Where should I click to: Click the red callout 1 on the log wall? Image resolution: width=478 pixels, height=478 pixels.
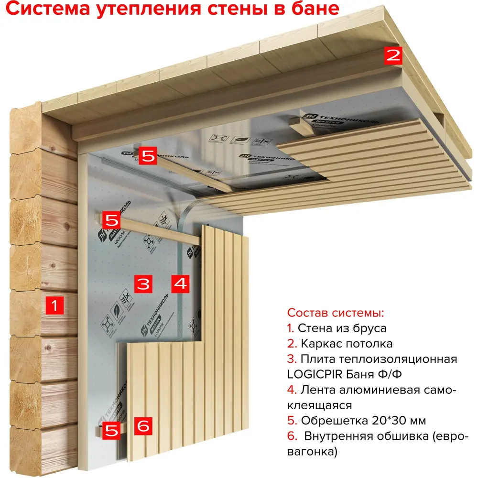[54, 304]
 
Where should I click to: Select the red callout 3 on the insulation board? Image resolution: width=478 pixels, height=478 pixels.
[142, 283]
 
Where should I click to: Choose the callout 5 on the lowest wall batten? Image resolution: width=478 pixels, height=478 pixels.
[111, 430]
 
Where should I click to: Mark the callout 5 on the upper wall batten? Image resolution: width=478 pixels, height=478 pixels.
[111, 220]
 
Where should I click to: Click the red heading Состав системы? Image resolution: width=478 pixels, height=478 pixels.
[336, 314]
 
